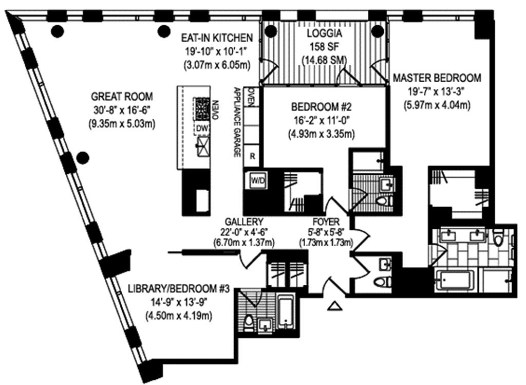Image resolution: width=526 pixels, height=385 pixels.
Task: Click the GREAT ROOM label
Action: tap(122, 97)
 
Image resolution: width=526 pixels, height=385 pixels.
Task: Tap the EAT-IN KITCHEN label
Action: tap(217, 38)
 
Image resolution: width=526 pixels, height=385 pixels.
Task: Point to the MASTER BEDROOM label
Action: tap(437, 78)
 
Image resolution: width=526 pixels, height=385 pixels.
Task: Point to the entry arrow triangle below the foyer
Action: tap(334, 307)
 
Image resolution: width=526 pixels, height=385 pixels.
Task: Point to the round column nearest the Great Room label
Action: tap(82, 157)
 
